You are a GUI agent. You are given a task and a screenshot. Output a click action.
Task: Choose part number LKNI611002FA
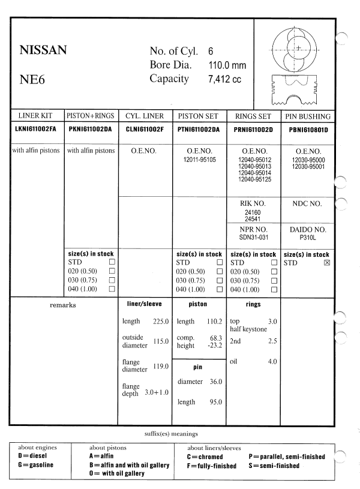pyautogui.click(x=35, y=129)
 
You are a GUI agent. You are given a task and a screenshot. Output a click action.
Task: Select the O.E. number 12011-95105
pyautogui.click(x=201, y=161)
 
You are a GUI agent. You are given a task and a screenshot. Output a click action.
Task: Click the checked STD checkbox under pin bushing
pyautogui.click(x=327, y=263)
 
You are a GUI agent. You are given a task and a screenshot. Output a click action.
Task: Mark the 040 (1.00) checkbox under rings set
pyautogui.click(x=274, y=289)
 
